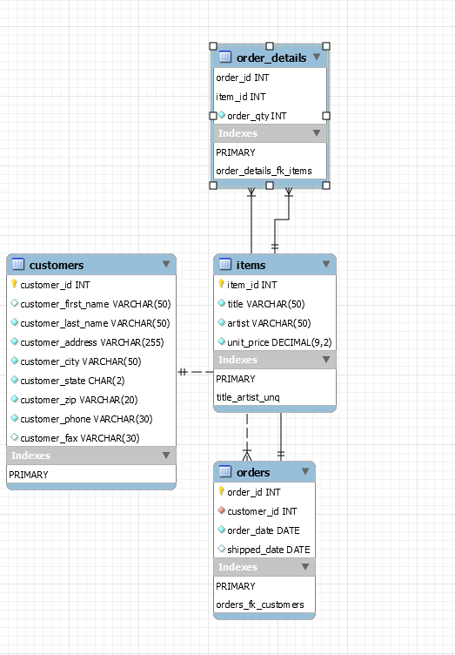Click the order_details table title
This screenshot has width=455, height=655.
tap(271, 57)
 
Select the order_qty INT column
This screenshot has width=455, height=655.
tap(257, 116)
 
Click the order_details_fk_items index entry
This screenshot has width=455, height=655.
tap(264, 171)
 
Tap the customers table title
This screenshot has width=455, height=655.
tap(57, 265)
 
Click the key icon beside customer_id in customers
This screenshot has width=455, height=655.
tap(14, 285)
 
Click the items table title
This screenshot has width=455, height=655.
tap(251, 265)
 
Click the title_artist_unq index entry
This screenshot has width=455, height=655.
tap(248, 398)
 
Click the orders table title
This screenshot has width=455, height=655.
tap(253, 472)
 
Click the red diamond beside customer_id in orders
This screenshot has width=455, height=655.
tap(221, 511)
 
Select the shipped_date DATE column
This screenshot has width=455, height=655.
tap(269, 550)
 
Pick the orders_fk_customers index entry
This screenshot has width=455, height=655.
tap(260, 605)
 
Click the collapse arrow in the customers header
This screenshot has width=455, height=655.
tap(165, 264)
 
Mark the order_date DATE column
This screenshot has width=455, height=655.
tap(264, 530)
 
